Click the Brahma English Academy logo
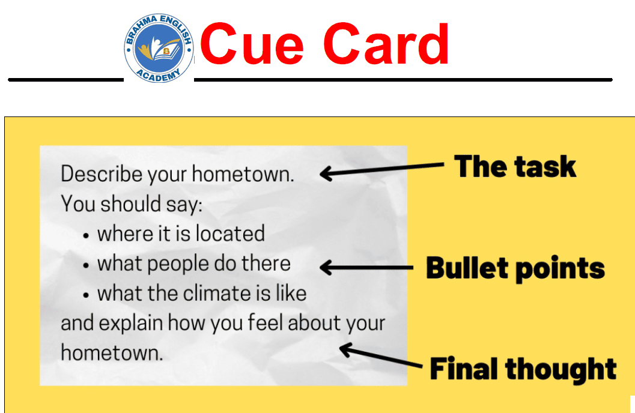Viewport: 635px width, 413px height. click(x=159, y=48)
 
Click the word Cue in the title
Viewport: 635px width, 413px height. click(x=252, y=44)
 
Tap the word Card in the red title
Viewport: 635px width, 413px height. click(x=386, y=44)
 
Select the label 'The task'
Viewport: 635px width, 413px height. click(x=515, y=166)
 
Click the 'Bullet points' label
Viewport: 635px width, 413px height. click(x=515, y=268)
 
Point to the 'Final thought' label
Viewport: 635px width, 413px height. click(x=523, y=369)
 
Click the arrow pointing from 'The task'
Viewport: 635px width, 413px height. click(x=382, y=170)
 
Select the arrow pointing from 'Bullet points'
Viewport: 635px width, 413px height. click(x=366, y=267)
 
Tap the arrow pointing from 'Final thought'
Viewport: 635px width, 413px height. click(x=381, y=355)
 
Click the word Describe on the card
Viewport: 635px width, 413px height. click(x=102, y=174)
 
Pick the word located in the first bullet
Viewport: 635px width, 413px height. click(x=230, y=234)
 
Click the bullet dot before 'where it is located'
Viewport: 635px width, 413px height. click(x=85, y=236)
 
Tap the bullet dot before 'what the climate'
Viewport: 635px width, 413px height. click(x=85, y=295)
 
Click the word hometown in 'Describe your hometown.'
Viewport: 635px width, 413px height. click(x=243, y=174)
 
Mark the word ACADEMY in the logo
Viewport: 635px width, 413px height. click(x=159, y=76)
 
